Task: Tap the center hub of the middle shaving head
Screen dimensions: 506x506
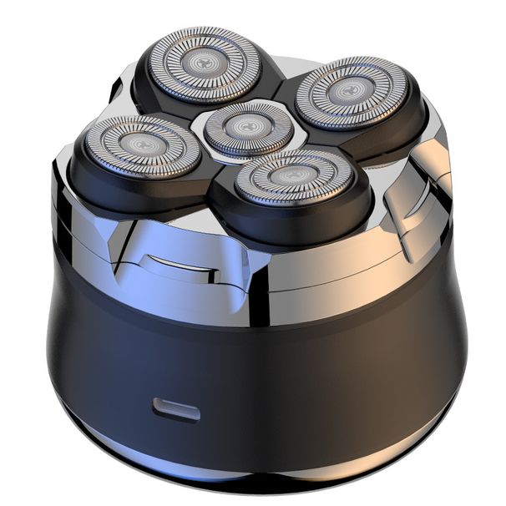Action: [244, 127]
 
